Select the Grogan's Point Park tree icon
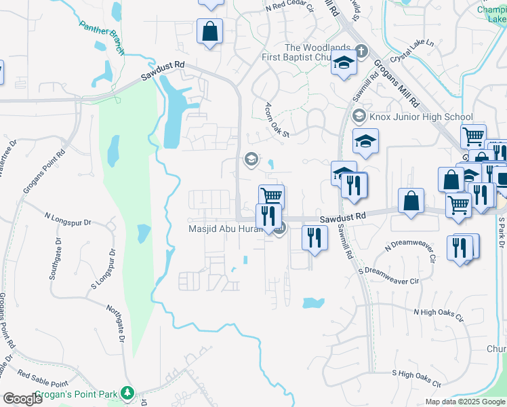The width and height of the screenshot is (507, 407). (127, 393)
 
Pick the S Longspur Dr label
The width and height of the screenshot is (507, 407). (103, 267)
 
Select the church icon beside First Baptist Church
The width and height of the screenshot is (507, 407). (361, 52)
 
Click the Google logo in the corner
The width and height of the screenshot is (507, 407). (22, 398)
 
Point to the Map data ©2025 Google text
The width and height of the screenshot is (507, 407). (466, 402)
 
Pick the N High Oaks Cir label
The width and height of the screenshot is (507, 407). (439, 314)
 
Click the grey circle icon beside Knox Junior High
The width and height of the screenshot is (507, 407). (359, 117)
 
